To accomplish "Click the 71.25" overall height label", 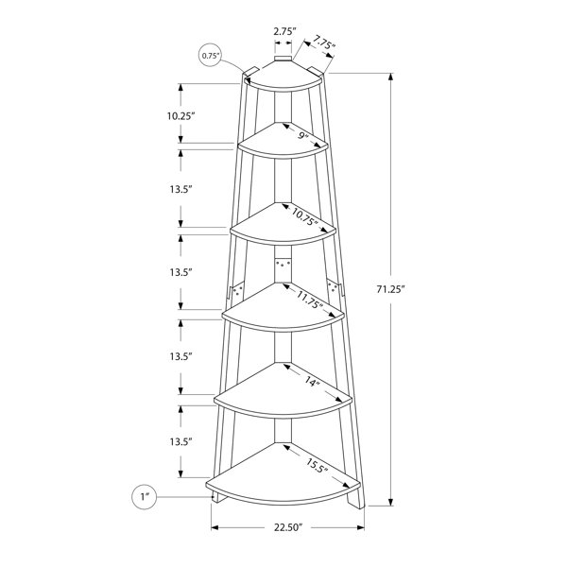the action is pyautogui.click(x=389, y=289).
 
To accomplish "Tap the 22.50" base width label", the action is pyautogui.click(x=287, y=527).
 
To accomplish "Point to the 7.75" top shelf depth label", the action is pyautogui.click(x=324, y=42).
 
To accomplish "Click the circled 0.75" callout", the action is pyautogui.click(x=211, y=56).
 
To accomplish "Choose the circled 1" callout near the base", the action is pyautogui.click(x=145, y=497).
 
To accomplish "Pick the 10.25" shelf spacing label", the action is pyautogui.click(x=180, y=116).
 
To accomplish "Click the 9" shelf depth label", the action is pyautogui.click(x=303, y=136).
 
